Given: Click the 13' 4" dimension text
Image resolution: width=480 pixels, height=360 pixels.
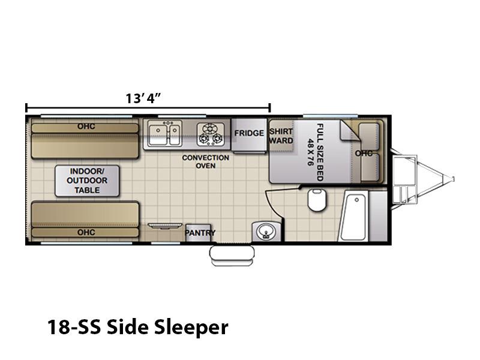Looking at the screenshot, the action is point(143,98).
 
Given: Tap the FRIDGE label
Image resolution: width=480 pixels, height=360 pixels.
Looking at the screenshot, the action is point(249,133).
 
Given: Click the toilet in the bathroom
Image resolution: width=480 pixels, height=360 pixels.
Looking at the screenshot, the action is point(317,200).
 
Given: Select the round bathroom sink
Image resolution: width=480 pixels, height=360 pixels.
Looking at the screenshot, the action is point(266,231).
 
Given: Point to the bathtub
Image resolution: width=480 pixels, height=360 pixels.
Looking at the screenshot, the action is point(353,215).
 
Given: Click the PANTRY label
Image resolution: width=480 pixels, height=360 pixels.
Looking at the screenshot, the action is point(200,233).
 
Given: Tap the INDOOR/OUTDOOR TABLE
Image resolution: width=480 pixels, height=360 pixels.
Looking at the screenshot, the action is point(87,181).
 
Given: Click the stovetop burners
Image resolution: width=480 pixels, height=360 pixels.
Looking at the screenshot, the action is point(210,134).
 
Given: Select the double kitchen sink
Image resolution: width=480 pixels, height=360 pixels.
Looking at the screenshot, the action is point(164,133).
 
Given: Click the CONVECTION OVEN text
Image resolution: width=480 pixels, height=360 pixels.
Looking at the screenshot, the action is point(205,161).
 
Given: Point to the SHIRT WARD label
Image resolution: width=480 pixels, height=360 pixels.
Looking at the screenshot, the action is point(281,136).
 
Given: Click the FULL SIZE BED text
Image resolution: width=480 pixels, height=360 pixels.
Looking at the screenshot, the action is point(320,152).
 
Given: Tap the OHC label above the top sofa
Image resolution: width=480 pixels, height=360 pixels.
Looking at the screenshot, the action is point(86,127).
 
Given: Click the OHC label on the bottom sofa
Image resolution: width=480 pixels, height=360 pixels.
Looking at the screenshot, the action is point(86,232).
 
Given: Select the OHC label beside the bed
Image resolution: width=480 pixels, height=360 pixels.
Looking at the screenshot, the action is point(364,153).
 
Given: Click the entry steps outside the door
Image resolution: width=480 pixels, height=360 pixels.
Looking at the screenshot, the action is point(232,256).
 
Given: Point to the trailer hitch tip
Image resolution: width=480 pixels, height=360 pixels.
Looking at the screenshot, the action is point(453,179).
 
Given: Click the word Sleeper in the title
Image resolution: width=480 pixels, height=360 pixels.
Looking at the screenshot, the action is point(191,327).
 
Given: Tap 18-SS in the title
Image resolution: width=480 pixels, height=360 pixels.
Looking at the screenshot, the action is point(73,327).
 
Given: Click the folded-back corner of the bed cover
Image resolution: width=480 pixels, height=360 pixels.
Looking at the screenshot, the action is point(350,131).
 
